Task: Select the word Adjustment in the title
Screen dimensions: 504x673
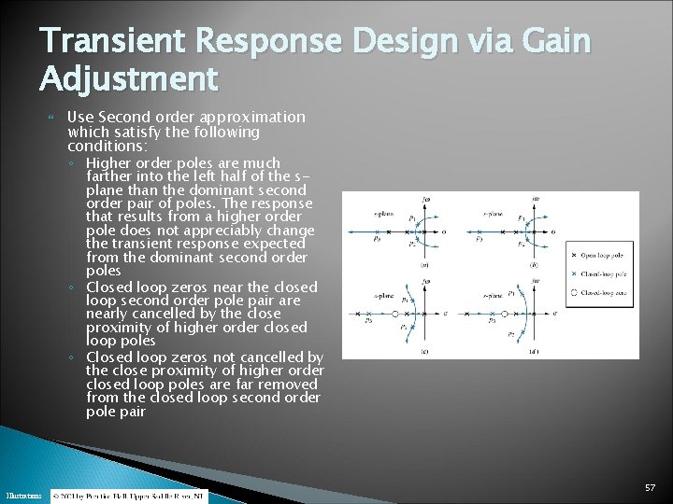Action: click(128, 78)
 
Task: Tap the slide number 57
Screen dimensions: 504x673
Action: click(650, 488)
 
